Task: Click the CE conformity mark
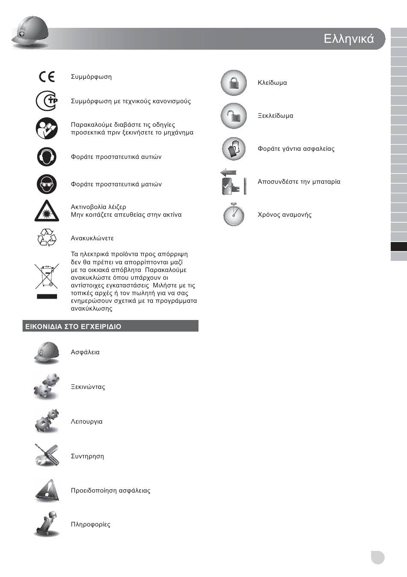pos(47,77)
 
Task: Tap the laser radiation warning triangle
pos(46,211)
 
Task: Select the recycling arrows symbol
pos(46,237)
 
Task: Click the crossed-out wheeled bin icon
pos(46,276)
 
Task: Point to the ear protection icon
pos(46,157)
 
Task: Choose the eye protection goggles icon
pos(46,184)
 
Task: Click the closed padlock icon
pos(233,83)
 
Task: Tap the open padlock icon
pos(233,116)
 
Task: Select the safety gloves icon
pos(233,149)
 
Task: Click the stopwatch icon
pos(233,214)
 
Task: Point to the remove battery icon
pos(233,182)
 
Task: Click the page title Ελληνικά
pos(349,39)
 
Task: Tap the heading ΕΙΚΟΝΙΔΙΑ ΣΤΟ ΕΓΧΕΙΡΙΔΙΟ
pos(73,326)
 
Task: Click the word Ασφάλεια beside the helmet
pos(85,352)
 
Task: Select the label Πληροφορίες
pos(90,524)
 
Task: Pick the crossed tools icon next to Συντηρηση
pos(46,455)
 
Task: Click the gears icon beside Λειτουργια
pos(46,421)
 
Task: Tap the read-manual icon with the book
pos(46,129)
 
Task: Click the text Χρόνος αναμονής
pos(284,215)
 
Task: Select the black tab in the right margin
pos(398,247)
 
